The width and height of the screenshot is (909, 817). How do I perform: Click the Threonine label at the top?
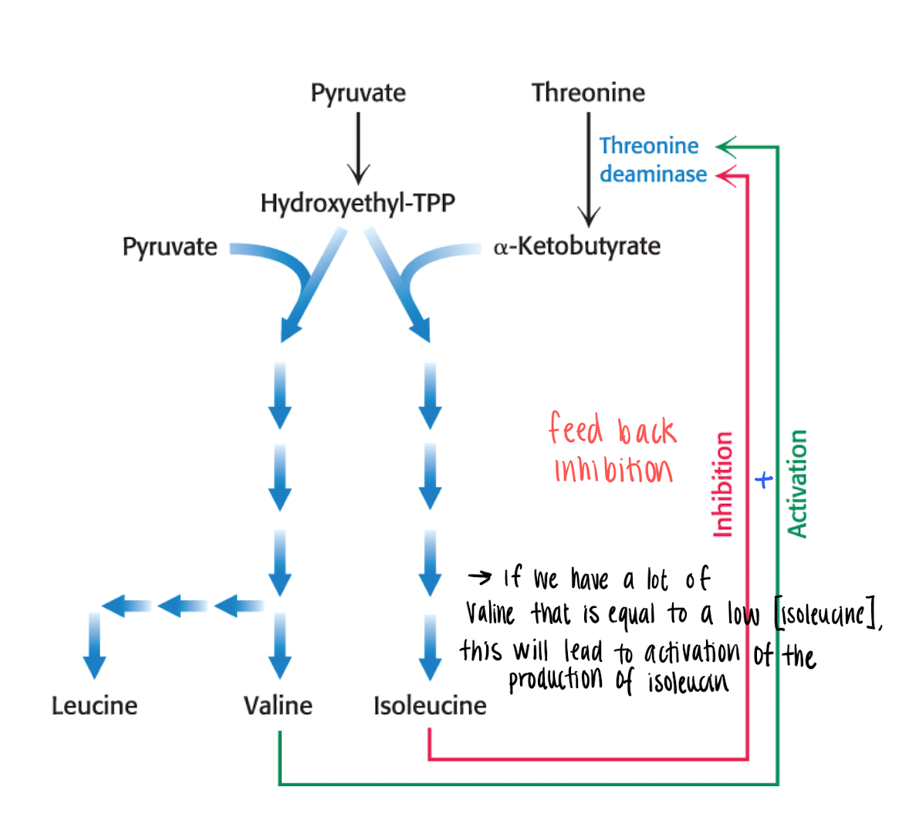(588, 93)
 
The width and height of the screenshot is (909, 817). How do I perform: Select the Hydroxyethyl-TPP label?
(358, 203)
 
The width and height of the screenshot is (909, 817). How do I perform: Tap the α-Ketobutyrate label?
(577, 246)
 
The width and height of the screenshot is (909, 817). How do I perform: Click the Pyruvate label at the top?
(358, 93)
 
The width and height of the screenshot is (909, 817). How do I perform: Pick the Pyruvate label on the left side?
(170, 247)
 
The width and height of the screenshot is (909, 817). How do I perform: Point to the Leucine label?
(94, 705)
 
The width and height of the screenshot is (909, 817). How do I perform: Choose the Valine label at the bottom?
(278, 705)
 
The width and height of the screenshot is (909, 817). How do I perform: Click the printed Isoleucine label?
(430, 705)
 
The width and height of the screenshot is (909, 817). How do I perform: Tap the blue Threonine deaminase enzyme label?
(652, 160)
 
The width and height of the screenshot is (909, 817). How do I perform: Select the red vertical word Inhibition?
(722, 484)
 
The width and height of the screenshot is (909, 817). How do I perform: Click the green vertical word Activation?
(797, 484)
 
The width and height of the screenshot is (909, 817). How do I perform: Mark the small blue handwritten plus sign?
(763, 480)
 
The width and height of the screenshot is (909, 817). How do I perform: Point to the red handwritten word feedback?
(613, 430)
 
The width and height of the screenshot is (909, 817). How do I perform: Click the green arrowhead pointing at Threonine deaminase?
(725, 147)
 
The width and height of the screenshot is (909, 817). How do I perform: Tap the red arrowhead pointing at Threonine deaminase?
(725, 176)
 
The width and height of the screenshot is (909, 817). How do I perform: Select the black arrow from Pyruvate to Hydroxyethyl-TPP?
(358, 147)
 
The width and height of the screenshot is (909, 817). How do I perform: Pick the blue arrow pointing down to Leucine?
(94, 648)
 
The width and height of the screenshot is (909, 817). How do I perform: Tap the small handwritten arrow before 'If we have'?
(479, 577)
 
